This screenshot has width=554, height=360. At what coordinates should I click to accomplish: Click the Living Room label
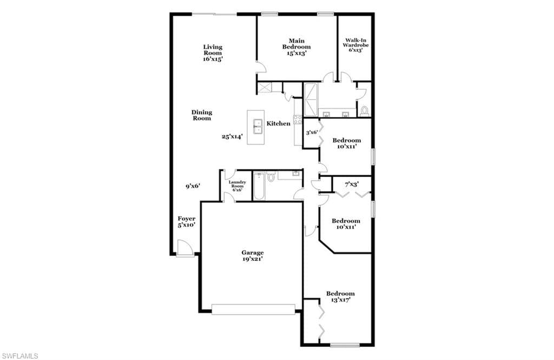[213, 53]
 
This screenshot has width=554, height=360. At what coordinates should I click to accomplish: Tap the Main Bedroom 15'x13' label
[296, 47]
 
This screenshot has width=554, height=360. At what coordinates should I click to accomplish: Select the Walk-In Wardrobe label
[355, 45]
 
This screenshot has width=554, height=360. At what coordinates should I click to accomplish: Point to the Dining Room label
[202, 115]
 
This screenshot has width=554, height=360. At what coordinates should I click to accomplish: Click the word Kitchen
[279, 123]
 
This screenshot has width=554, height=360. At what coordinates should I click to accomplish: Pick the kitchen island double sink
[258, 127]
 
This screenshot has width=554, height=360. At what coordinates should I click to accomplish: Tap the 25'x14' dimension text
[232, 136]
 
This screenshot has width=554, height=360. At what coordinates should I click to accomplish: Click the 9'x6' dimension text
[193, 186]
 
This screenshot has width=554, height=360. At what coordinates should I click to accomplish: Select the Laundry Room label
[237, 186]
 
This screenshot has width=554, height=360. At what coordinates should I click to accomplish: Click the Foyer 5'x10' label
[186, 222]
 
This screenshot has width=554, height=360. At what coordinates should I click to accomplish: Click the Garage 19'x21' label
[253, 256]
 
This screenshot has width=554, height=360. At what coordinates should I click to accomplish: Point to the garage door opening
[253, 309]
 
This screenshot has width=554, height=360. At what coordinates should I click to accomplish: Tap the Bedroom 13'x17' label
[340, 297]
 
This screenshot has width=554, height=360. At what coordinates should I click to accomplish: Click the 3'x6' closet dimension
[312, 133]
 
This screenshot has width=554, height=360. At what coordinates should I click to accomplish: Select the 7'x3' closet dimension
[352, 184]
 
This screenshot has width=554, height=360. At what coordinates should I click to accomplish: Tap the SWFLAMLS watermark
[20, 356]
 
